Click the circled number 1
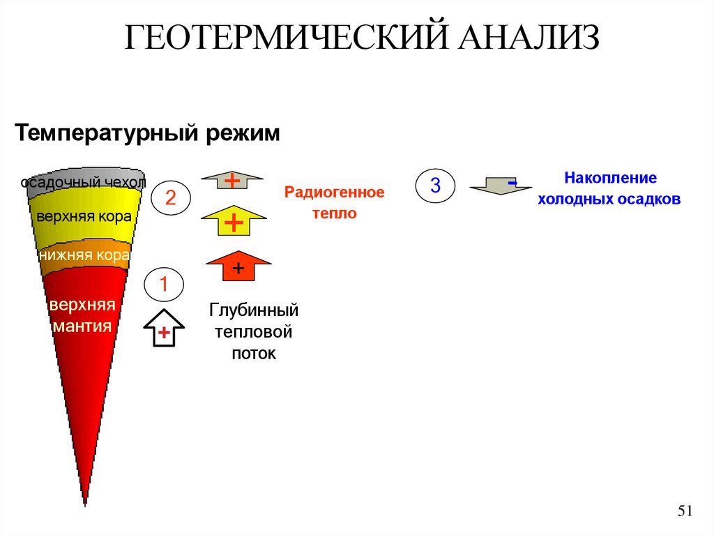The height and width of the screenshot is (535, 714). click(164, 285)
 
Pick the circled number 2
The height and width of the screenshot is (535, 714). click(170, 199)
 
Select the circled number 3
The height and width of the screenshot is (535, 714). click(435, 186)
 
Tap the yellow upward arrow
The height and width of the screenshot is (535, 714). click(234, 222)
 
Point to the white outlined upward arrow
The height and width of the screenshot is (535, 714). click(164, 329)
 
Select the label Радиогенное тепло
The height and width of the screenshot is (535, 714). click(334, 203)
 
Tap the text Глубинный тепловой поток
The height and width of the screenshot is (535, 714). click(254, 331)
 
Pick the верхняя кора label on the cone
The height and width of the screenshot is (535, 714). click(84, 216)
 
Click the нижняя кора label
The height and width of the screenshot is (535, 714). click(84, 255)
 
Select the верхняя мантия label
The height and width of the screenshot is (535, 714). click(82, 315)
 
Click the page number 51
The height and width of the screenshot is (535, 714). click(685, 511)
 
